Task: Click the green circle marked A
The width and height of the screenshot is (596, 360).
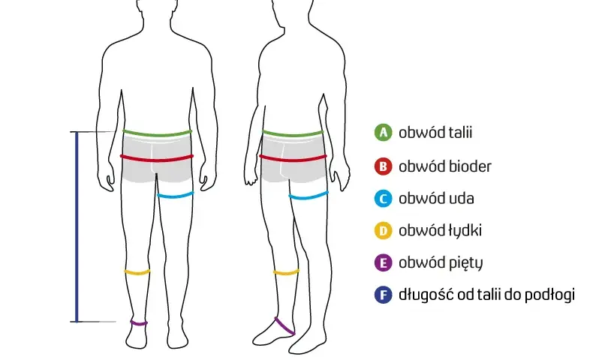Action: [383, 133]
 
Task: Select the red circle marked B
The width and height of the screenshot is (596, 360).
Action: [383, 166]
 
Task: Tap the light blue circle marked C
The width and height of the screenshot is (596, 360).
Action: [383, 199]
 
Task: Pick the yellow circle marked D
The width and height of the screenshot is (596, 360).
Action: [383, 230]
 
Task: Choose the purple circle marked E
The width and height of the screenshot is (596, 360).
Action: [383, 262]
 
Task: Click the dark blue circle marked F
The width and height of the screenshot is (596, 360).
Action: [383, 295]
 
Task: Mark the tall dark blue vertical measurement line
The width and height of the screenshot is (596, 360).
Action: [77, 226]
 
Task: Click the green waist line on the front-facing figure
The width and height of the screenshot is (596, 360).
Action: [158, 133]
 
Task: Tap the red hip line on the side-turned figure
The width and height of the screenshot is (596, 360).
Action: [293, 158]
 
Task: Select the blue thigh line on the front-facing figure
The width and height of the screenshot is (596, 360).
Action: [176, 196]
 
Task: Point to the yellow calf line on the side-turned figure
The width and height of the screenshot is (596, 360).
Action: [286, 272]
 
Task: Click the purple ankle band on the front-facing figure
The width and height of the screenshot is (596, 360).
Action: [139, 323]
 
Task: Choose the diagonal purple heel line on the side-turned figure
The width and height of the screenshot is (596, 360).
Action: [284, 326]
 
